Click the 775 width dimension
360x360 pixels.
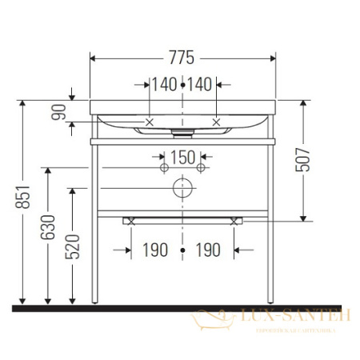pos(183,58)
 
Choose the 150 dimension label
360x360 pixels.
pos(183,157)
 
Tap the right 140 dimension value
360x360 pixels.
pos(201,84)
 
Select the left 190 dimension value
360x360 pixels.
pos(156,250)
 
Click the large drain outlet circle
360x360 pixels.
pos(183,188)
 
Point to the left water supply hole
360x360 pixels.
pos(165,169)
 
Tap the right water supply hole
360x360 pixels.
pos(202,169)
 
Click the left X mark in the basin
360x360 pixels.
pos(150,122)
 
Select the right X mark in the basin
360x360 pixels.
pos(216,122)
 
